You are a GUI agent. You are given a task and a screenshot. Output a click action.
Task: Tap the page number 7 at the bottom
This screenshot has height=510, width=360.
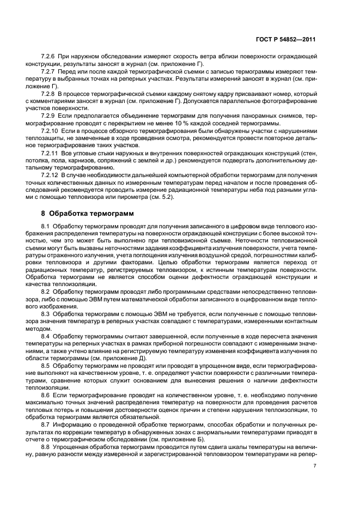click(x=315, y=466)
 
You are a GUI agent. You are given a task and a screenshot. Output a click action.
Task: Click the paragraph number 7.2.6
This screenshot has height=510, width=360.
click(x=50, y=57)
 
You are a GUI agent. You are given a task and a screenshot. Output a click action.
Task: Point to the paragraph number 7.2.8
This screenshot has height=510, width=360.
click(x=50, y=93)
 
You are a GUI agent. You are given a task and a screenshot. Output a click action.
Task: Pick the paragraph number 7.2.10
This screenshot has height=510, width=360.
click(x=51, y=131)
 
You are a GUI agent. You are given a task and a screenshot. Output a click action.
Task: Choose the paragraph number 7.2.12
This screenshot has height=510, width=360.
click(x=51, y=175)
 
